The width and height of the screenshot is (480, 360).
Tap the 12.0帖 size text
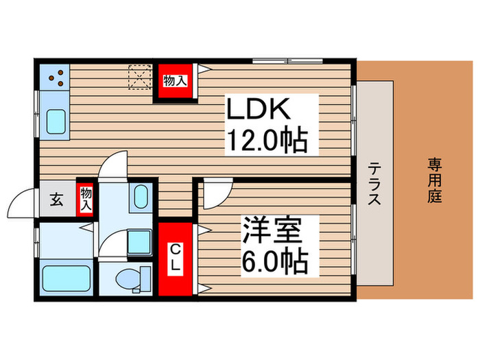[266, 143]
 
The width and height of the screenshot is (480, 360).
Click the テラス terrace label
[375, 184]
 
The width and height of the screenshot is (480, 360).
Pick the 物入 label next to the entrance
[86, 199]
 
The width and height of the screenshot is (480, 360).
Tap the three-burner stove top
[53, 77]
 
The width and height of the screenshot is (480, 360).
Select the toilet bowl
[130, 280]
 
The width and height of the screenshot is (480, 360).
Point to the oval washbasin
[140, 197]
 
